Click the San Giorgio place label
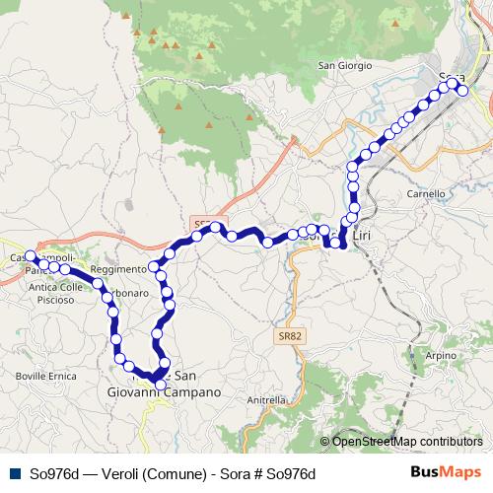click(343, 66)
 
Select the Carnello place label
click(426, 194)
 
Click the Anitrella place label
click(266, 400)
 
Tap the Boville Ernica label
click(38, 376)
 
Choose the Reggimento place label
click(116, 268)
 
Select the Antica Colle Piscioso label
click(57, 293)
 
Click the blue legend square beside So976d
click(13, 472)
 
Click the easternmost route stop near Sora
click(462, 92)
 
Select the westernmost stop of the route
click(31, 256)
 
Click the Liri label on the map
click(364, 235)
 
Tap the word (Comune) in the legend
click(174, 472)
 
